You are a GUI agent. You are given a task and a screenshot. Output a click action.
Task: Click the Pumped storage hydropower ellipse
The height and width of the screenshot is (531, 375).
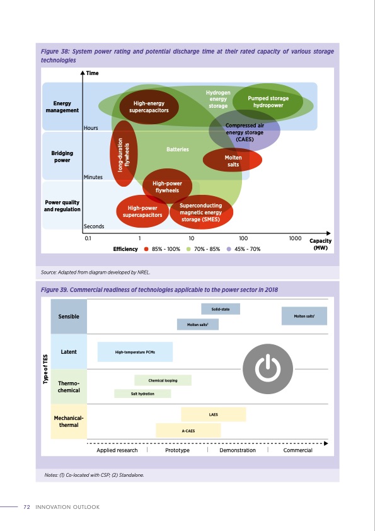(268, 102)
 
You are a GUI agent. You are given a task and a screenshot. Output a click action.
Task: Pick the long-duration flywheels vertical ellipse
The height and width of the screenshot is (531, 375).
(124, 155)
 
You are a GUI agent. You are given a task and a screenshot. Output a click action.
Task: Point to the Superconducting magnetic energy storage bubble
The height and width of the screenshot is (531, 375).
(200, 213)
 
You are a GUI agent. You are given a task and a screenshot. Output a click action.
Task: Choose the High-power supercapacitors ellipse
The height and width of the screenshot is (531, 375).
(142, 211)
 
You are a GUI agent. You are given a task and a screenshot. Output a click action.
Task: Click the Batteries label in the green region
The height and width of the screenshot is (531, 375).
(177, 149)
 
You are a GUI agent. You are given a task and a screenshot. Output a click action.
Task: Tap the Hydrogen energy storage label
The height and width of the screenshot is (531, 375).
(218, 99)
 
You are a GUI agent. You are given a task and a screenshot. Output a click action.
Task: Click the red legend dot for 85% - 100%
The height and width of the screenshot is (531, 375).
(146, 249)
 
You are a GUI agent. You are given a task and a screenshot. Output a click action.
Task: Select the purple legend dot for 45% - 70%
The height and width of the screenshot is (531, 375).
(229, 249)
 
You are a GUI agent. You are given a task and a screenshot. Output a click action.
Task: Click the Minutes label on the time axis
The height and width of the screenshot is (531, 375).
(93, 177)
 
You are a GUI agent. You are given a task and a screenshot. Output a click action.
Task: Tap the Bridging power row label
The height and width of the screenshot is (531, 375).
(62, 156)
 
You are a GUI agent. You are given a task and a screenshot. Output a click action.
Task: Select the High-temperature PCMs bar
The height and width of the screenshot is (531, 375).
(135, 352)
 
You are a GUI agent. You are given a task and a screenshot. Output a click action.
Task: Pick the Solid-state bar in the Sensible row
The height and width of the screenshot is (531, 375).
(221, 309)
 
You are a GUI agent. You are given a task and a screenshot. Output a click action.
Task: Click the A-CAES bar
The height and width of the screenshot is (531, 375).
(188, 431)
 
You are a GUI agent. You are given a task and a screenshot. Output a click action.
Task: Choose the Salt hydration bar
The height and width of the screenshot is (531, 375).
(142, 394)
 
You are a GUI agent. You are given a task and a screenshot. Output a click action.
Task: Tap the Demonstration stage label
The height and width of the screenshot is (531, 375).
(238, 450)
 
